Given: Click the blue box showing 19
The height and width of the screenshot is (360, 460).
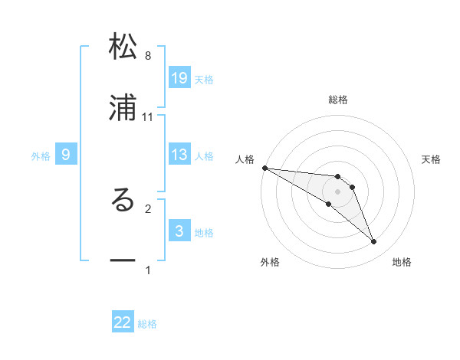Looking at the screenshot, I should [x=179, y=78].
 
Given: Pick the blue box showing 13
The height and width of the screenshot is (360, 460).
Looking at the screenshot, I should [x=179, y=155].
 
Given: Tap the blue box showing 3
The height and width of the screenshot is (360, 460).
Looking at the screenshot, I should [x=179, y=231].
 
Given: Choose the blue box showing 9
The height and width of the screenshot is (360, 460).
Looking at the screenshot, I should [x=66, y=155].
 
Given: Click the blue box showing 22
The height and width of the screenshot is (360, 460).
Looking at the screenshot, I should [x=123, y=322].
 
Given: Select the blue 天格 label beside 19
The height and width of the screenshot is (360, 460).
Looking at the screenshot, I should [x=204, y=79].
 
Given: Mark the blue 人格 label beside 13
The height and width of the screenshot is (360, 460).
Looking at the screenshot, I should [x=204, y=155].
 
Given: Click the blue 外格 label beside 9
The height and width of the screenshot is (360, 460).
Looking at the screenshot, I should [x=41, y=155].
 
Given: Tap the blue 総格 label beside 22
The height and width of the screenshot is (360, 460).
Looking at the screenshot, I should [x=147, y=324].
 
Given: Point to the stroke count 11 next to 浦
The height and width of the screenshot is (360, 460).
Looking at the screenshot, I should [x=148, y=116].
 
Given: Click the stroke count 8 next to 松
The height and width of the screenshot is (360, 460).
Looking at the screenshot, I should [x=148, y=56].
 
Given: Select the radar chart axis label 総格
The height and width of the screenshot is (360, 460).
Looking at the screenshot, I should [x=338, y=100].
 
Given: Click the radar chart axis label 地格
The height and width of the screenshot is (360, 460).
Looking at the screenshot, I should [x=402, y=263].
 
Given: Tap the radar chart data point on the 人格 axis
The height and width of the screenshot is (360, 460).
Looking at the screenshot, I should [x=264, y=168].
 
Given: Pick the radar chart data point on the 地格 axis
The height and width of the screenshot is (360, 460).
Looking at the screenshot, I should [x=373, y=242].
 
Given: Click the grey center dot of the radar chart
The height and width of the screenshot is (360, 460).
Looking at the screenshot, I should [x=337, y=191].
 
